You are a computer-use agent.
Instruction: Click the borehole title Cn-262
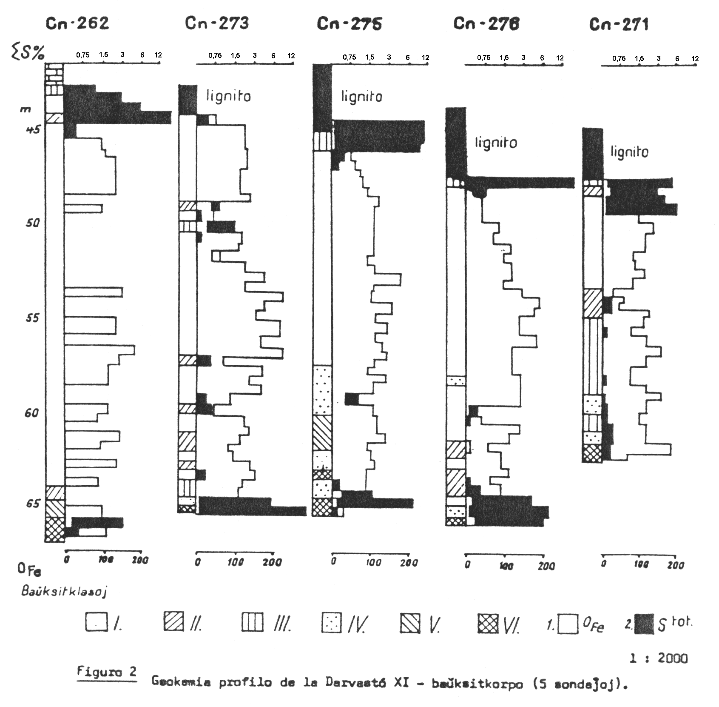(77, 23)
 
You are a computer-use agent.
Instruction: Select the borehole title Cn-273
(217, 23)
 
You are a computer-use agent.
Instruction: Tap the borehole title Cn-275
(350, 24)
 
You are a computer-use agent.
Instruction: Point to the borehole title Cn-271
(619, 25)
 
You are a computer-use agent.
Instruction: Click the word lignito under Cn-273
(229, 96)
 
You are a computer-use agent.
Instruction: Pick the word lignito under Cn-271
(629, 152)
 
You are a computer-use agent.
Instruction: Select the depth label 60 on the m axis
(31, 413)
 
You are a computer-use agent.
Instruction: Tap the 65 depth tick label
(32, 504)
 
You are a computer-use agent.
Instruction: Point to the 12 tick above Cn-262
(158, 55)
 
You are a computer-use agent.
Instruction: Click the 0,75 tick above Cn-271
(619, 59)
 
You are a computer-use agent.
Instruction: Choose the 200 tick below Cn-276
(546, 566)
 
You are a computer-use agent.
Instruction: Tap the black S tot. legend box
(645, 624)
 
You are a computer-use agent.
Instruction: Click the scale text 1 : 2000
(658, 658)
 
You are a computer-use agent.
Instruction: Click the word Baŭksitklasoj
(64, 592)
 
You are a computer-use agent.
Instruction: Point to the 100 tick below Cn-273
(235, 562)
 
